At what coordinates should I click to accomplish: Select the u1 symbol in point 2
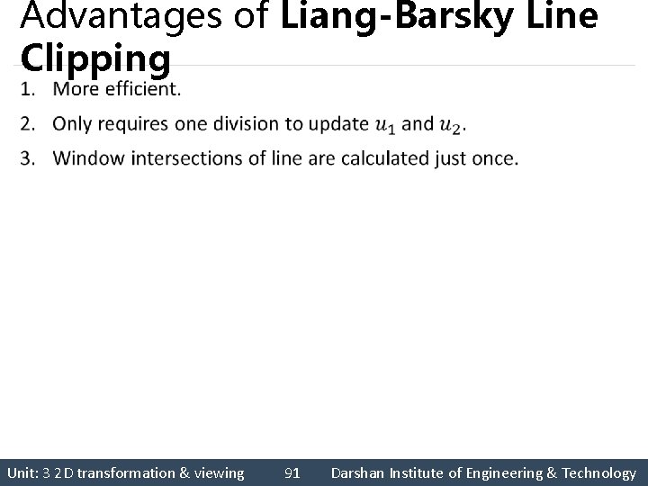[384, 124]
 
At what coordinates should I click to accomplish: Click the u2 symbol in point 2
[450, 124]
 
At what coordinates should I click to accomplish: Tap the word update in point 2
[337, 124]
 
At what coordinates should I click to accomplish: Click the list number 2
[28, 124]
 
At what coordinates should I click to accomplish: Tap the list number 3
[28, 158]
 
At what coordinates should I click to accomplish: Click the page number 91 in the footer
[292, 472]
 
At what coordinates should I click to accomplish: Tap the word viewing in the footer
[220, 472]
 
